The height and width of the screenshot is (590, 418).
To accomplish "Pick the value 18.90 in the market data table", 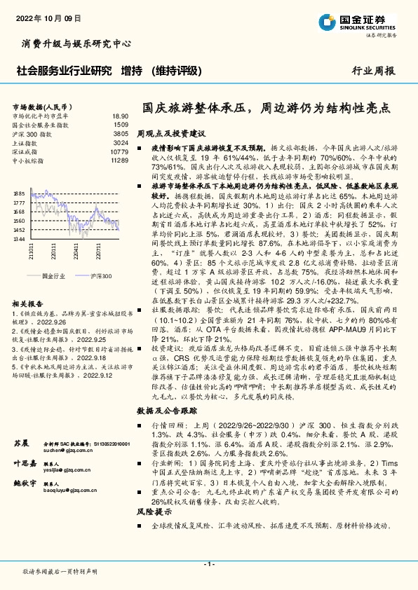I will click(x=120, y=116).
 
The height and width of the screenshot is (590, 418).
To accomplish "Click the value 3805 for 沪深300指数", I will click(x=121, y=132).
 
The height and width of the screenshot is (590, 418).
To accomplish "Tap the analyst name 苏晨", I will click(x=22, y=443).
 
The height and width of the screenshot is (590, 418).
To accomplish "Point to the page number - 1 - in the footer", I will click(x=208, y=563).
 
